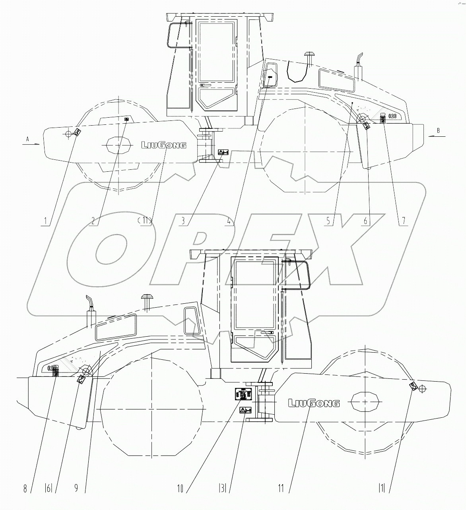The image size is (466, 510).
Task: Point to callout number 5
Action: point(328,220)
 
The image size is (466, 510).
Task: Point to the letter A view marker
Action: point(27,139)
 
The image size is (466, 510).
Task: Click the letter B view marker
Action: point(438,130)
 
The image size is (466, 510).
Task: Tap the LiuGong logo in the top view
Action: point(164,145)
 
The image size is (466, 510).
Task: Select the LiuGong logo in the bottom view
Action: point(314,403)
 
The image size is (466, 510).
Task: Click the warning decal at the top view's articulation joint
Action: point(223,152)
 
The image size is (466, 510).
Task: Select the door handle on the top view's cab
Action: point(206,85)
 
